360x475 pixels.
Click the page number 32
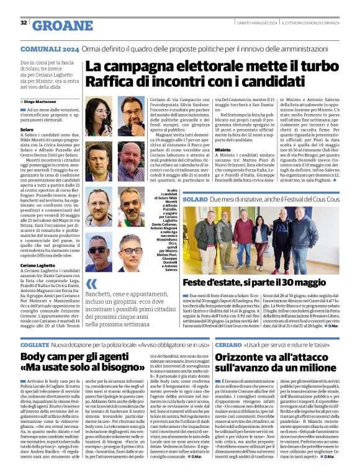24,24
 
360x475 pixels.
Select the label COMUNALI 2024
50,48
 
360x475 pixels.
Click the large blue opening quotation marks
92,285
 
